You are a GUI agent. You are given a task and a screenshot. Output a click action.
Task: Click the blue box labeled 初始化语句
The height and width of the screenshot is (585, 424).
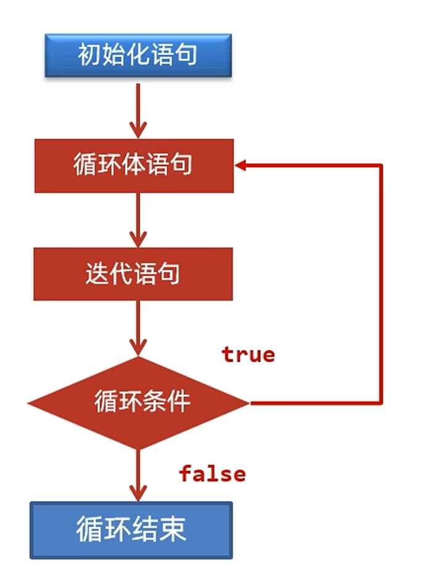pos(138,55)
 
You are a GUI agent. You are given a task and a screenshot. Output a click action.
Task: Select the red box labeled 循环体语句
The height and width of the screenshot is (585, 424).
pos(134,165)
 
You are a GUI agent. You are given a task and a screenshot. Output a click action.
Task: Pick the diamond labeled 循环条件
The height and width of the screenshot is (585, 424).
pos(138,403)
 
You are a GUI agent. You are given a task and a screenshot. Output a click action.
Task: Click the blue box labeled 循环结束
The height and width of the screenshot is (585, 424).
pos(131,530)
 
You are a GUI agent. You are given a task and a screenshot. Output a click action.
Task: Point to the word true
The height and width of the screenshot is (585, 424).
pos(248,355)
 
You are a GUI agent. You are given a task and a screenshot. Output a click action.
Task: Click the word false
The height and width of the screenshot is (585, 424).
pos(212,474)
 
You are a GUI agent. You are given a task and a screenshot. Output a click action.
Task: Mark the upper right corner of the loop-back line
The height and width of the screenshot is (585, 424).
pos(381,165)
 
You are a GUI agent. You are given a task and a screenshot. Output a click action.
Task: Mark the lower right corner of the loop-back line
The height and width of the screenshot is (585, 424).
pos(381,403)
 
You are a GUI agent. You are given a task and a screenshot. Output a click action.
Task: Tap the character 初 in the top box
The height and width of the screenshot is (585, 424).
pos(89,55)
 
